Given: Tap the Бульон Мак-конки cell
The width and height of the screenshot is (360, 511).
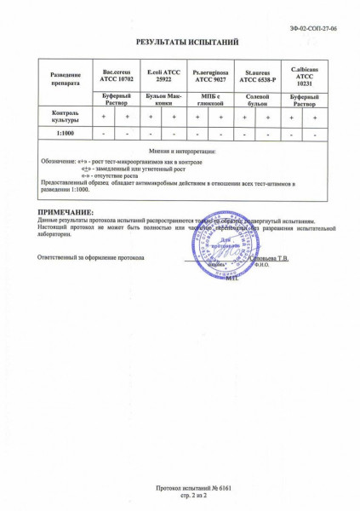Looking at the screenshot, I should [x=161, y=100].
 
